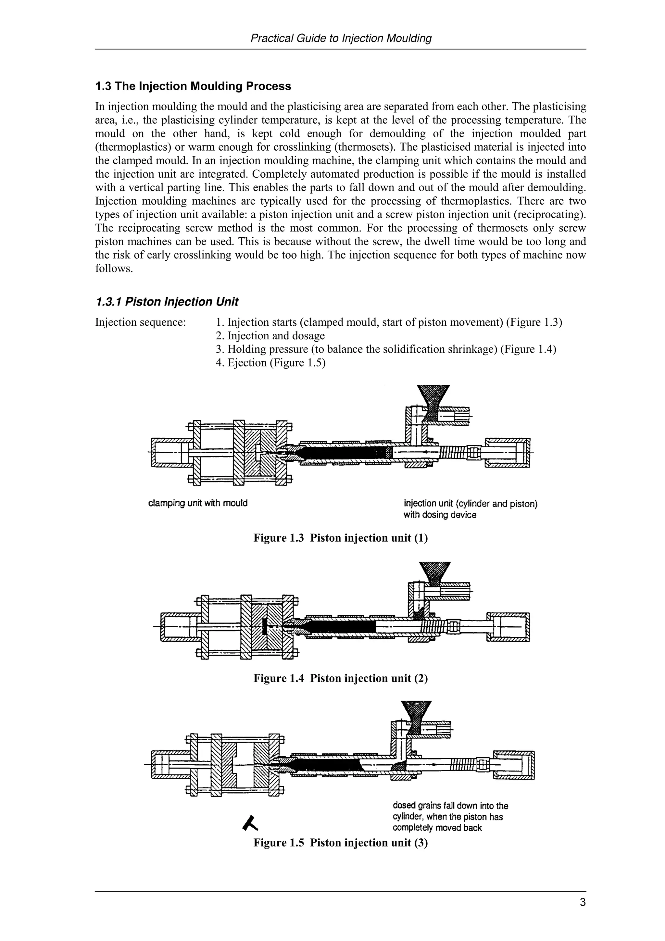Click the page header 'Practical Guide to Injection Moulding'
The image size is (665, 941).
pyautogui.click(x=341, y=39)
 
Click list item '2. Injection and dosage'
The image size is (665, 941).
pyautogui.click(x=270, y=336)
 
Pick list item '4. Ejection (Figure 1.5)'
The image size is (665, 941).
pyautogui.click(x=270, y=363)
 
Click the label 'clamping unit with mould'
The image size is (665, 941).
pyautogui.click(x=197, y=503)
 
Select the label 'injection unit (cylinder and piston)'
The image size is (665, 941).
pyautogui.click(x=471, y=504)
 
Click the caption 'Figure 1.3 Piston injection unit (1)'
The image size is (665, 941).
pyautogui.click(x=341, y=538)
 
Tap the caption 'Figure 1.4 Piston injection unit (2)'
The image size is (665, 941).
pyautogui.click(x=341, y=678)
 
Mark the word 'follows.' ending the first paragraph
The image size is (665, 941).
pyautogui.click(x=114, y=269)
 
